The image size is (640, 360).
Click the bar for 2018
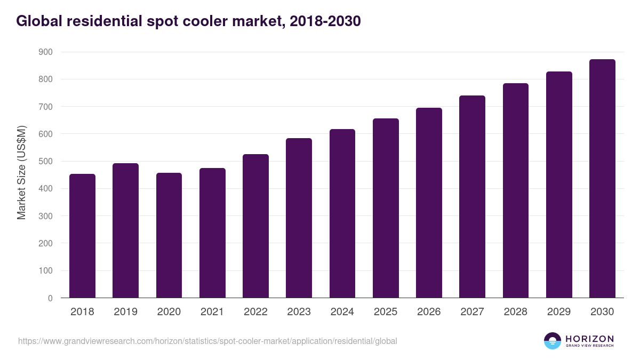pyautogui.click(x=82, y=236)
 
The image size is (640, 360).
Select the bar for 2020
pyautogui.click(x=169, y=235)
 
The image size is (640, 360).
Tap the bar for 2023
pyautogui.click(x=299, y=218)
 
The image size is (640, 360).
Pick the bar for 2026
pyautogui.click(x=429, y=203)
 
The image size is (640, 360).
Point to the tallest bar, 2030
pyautogui.click(x=602, y=179)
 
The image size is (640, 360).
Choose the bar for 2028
pyautogui.click(x=515, y=190)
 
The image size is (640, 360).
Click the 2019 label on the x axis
pyautogui.click(x=125, y=312)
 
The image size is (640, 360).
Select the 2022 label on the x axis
pyautogui.click(x=255, y=312)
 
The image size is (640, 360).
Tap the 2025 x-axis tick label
pyautogui.click(x=386, y=312)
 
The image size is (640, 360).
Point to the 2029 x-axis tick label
pyautogui.click(x=559, y=312)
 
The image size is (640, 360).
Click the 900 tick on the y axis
pyautogui.click(x=45, y=52)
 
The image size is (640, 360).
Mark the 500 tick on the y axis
pyautogui.click(x=45, y=162)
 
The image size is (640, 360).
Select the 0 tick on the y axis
pyautogui.click(x=50, y=298)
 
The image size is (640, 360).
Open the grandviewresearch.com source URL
pyautogui.click(x=207, y=341)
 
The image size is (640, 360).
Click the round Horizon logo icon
pyautogui.click(x=553, y=341)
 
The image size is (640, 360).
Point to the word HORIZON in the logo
pyautogui.click(x=589, y=339)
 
